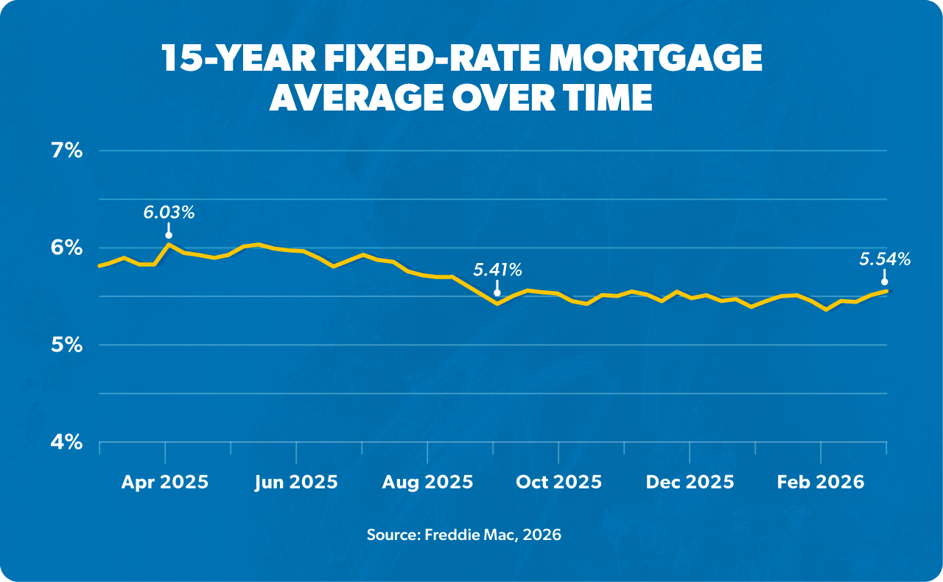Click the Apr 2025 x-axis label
165,483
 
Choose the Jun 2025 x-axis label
296,483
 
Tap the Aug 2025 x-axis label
427,483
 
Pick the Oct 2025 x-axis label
558,483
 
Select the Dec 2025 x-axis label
690,483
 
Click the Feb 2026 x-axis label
821,483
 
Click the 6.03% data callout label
169,213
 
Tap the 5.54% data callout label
884,259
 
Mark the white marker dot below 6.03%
169,235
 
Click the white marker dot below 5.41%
497,292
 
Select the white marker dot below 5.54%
884,281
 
